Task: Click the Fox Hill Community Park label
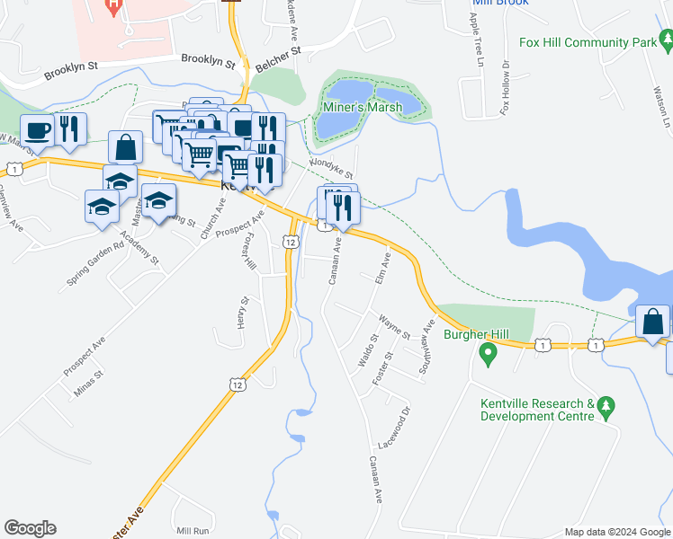pyautogui.click(x=588, y=41)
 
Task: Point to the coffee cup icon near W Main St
pyautogui.click(x=38, y=130)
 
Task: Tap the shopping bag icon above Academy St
pyautogui.click(x=125, y=146)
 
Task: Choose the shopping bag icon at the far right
pyautogui.click(x=651, y=322)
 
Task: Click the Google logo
pyautogui.click(x=30, y=528)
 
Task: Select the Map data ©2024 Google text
pyautogui.click(x=616, y=532)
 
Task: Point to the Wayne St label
pyautogui.click(x=394, y=326)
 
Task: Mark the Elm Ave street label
pyautogui.click(x=381, y=268)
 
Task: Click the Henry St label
pyautogui.click(x=242, y=313)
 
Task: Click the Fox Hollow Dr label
pyautogui.click(x=506, y=87)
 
